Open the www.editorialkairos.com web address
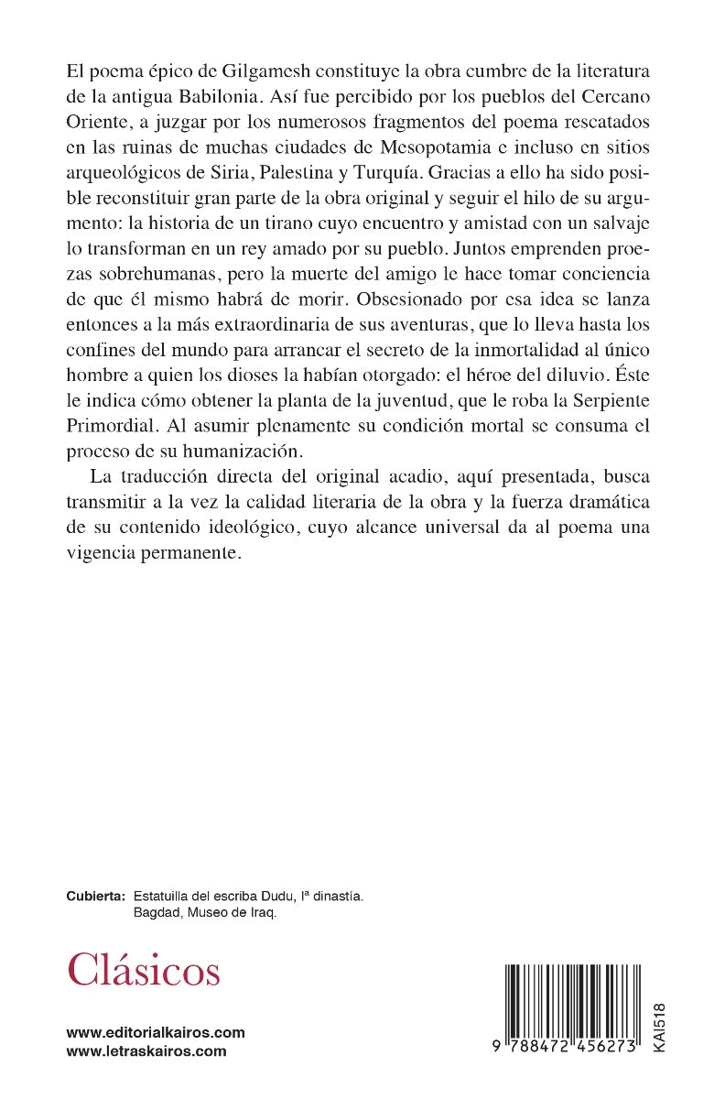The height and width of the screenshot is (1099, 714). click(x=156, y=1032)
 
